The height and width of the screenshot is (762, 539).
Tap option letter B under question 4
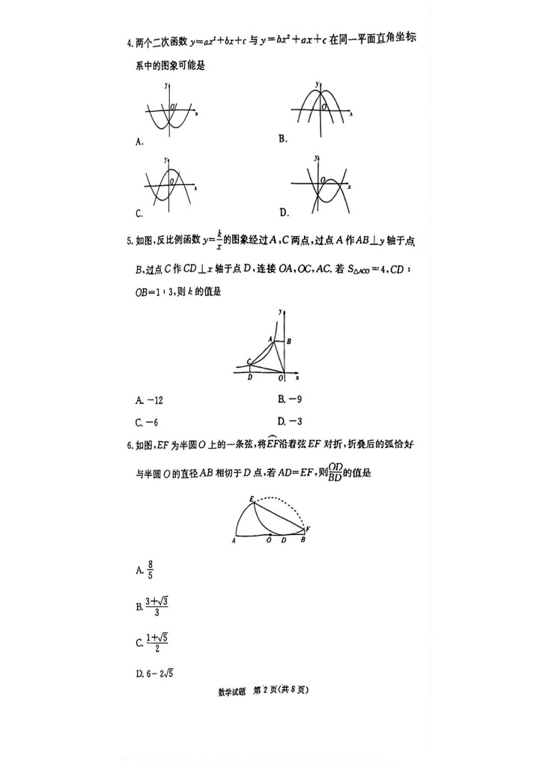pyautogui.click(x=283, y=138)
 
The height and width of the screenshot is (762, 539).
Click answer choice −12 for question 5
pyautogui.click(x=147, y=399)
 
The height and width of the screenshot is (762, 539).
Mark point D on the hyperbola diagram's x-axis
pyautogui.click(x=249, y=377)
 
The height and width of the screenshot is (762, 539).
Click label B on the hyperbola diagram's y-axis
pyautogui.click(x=289, y=342)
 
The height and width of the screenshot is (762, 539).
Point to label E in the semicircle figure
pyautogui.click(x=252, y=498)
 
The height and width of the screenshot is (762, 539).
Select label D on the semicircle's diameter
pyautogui.click(x=283, y=539)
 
